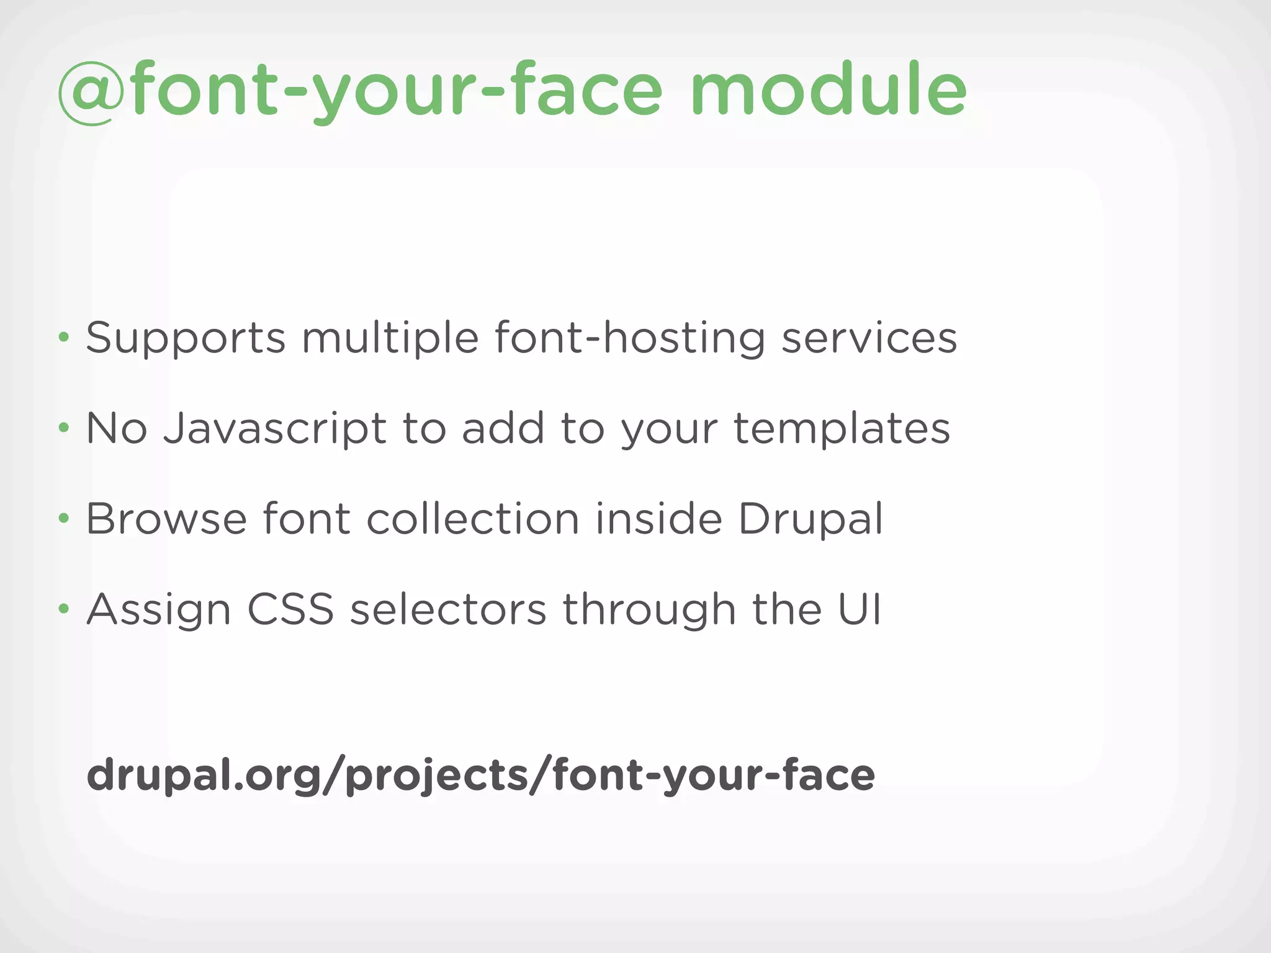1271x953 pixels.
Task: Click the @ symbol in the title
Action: click(x=87, y=92)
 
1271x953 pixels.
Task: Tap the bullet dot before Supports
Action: click(x=63, y=338)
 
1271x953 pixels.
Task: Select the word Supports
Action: click(x=186, y=339)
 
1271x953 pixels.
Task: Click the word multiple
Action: click(x=390, y=339)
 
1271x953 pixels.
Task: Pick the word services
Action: click(x=869, y=339)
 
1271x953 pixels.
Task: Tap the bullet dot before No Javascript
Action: click(x=63, y=427)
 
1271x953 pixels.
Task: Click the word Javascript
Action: click(x=275, y=429)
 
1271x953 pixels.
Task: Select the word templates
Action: click(x=842, y=428)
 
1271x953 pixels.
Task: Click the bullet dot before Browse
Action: click(x=63, y=518)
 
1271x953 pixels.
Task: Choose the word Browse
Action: click(x=166, y=519)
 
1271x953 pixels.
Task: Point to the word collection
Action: click(x=473, y=519)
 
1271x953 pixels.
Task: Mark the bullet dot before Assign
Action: click(x=63, y=609)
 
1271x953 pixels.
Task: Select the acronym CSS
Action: click(x=290, y=609)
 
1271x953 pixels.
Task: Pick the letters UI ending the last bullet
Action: click(x=860, y=609)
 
